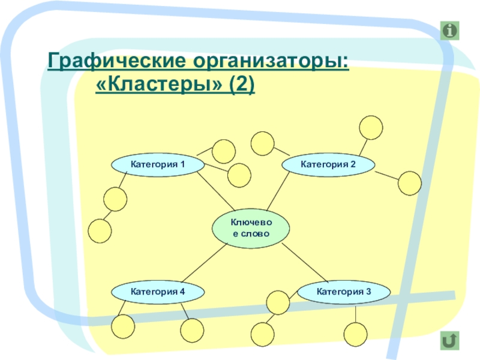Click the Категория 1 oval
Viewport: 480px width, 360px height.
tap(158, 164)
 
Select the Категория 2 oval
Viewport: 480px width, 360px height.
tap(328, 164)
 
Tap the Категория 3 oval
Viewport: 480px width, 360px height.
tap(344, 292)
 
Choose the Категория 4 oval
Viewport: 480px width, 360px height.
tap(158, 292)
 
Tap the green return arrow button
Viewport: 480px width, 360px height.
tap(448, 340)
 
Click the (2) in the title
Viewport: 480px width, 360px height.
tap(240, 85)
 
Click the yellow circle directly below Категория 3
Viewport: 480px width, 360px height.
tap(355, 334)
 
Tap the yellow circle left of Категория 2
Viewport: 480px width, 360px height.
tap(262, 143)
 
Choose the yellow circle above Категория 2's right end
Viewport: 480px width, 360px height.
tap(371, 127)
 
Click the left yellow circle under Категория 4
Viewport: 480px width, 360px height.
tap(122, 326)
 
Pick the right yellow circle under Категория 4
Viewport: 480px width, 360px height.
tap(193, 330)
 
